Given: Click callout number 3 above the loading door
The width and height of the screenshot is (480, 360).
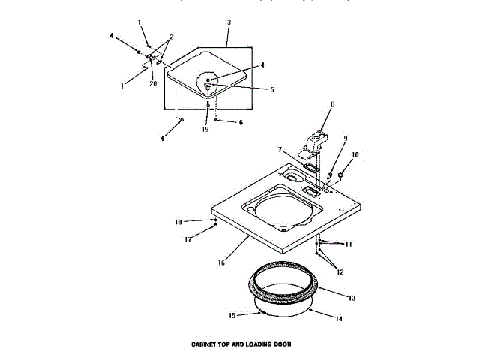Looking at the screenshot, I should (x=228, y=23).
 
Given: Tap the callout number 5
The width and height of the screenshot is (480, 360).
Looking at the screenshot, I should (x=271, y=89).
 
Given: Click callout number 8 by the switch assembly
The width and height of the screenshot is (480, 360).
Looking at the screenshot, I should (x=332, y=106).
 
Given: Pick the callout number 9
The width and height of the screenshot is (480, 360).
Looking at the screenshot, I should (x=346, y=138).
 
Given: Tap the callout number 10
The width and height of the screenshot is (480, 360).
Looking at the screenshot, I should (x=355, y=154).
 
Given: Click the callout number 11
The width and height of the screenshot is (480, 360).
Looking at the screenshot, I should (x=348, y=244).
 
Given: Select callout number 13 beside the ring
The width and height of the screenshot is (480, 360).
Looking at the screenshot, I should (x=352, y=298).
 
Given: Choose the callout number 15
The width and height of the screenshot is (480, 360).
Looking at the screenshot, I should (x=232, y=315).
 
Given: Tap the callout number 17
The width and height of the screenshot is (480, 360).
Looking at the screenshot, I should (x=189, y=240).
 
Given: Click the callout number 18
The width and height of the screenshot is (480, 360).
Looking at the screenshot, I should (x=178, y=221).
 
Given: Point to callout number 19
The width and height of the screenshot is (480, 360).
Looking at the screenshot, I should (x=205, y=129).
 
